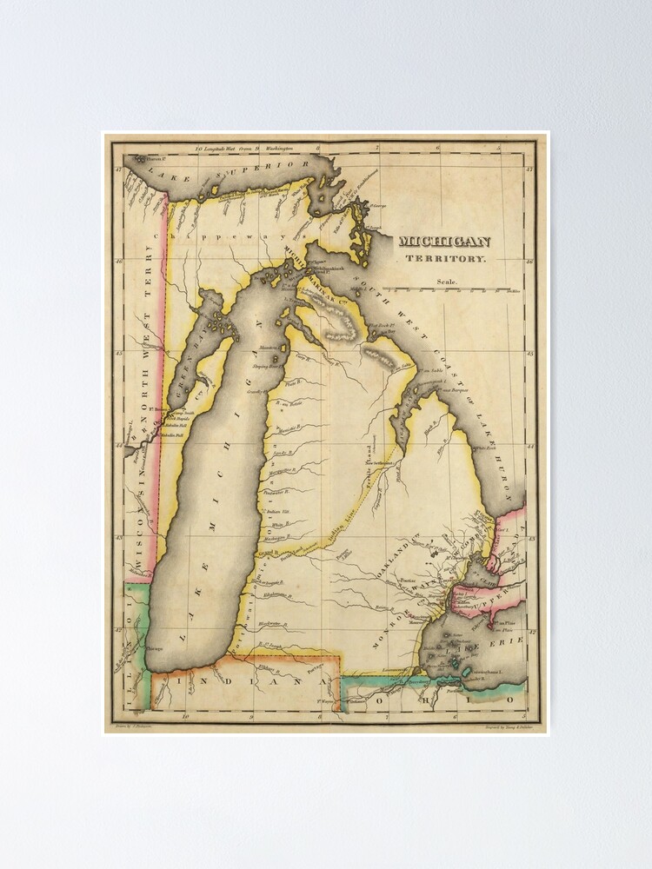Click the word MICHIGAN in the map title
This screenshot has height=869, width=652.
click(444, 242)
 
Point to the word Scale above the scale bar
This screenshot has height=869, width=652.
click(447, 282)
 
